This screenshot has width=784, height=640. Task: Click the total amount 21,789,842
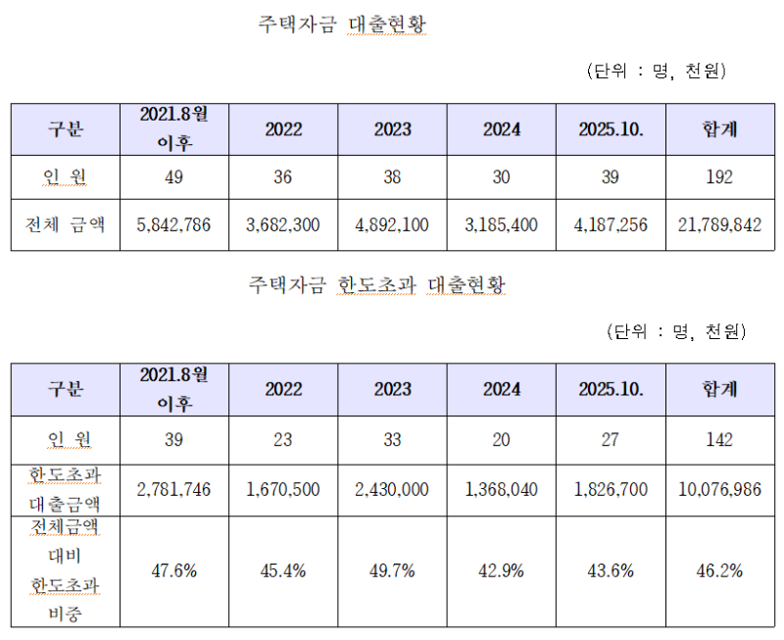pyautogui.click(x=719, y=225)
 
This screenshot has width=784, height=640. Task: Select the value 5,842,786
pyautogui.click(x=173, y=225)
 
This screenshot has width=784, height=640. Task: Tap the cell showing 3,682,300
pyautogui.click(x=282, y=225)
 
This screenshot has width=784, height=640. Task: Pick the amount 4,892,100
pyautogui.click(x=392, y=225)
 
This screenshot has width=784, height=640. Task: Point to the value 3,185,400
pyautogui.click(x=501, y=225)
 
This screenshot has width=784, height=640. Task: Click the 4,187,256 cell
pyautogui.click(x=610, y=225)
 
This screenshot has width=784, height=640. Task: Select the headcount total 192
pyautogui.click(x=719, y=176)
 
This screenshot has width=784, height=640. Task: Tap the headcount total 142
pyautogui.click(x=719, y=439)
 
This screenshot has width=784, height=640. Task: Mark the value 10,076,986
pyautogui.click(x=719, y=489)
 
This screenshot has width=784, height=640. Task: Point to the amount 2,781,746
pyautogui.click(x=173, y=489)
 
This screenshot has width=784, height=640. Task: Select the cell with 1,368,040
pyautogui.click(x=501, y=489)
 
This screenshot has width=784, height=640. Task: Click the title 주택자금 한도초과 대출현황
pyautogui.click(x=377, y=286)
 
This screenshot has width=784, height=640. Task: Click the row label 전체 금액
pyautogui.click(x=66, y=225)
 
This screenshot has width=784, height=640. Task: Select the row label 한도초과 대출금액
pyautogui.click(x=66, y=489)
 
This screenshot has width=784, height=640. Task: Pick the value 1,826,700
pyautogui.click(x=610, y=489)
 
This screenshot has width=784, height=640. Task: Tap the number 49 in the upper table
pyautogui.click(x=173, y=176)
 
